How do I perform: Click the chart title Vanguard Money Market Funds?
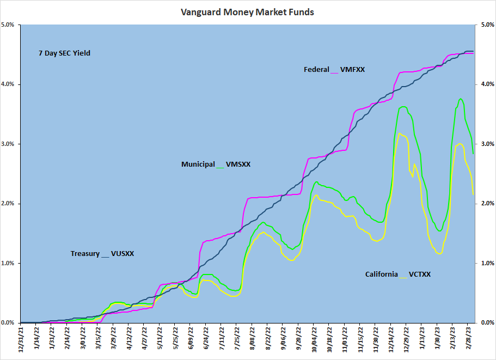pos(247,12)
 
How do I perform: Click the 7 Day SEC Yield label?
pos(64,53)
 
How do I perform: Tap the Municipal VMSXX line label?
pos(216,164)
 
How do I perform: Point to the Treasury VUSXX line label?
pos(102,254)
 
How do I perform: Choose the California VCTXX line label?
pos(397,274)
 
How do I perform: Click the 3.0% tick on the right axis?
pos(487,144)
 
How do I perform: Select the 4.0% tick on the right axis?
pos(487,84)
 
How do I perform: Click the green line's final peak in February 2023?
pos(461,99)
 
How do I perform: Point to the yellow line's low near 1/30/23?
pos(439,253)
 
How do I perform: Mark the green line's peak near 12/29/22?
pos(403,107)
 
